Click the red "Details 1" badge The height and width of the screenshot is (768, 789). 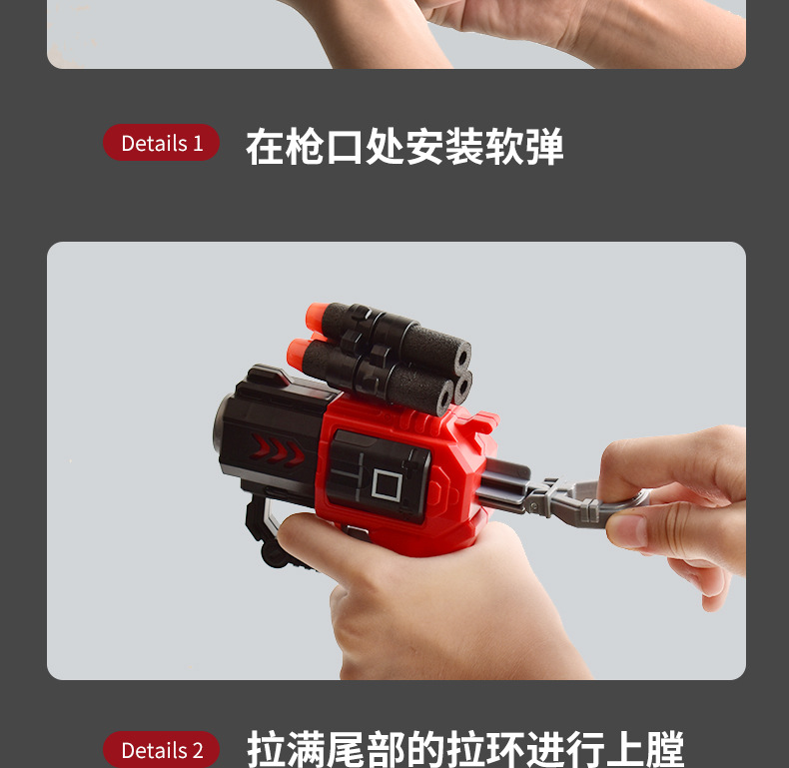[x=161, y=143]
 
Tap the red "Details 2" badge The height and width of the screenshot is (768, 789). [x=161, y=750]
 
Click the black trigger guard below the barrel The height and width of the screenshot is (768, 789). [x=262, y=524]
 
